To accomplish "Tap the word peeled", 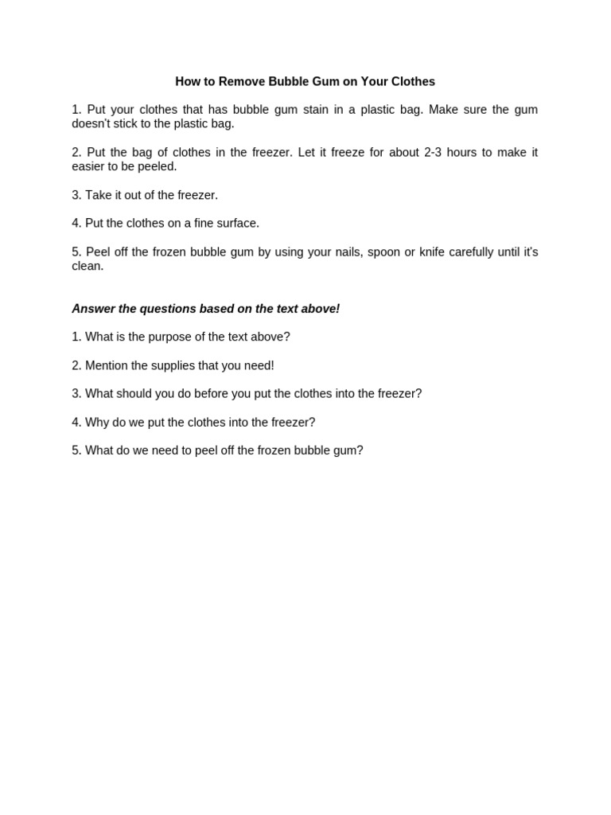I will [158, 166].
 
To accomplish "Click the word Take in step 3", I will [98, 195].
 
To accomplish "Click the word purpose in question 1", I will [164, 337].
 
